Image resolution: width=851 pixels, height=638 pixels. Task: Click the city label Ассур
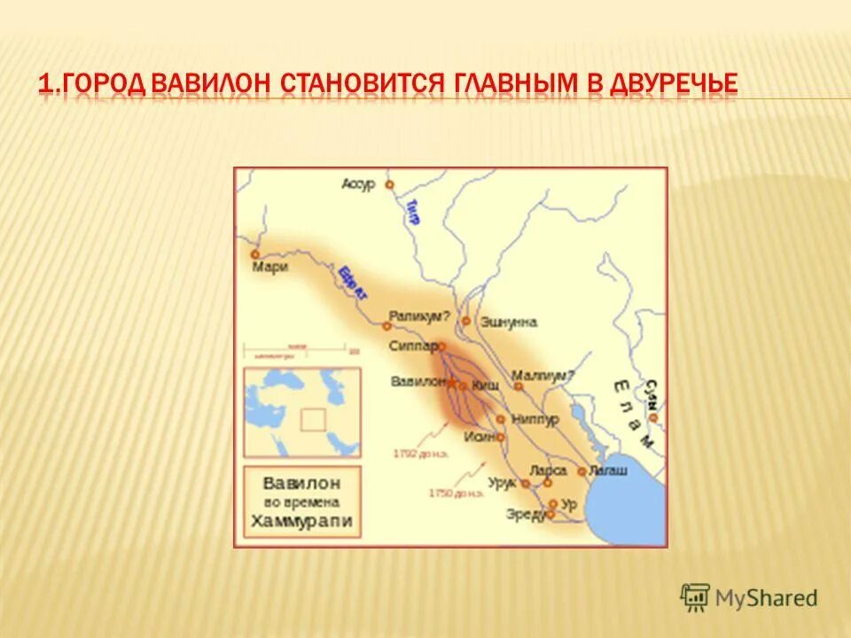pyautogui.click(x=358, y=183)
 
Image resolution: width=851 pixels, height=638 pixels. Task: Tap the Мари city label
pyautogui.click(x=270, y=267)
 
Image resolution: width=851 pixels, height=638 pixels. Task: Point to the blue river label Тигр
pyautogui.click(x=412, y=211)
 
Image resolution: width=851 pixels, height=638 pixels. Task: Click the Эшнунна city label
pyautogui.click(x=509, y=323)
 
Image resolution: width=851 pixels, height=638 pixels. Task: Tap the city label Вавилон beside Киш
pyautogui.click(x=418, y=381)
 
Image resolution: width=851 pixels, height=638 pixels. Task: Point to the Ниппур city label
pyautogui.click(x=535, y=419)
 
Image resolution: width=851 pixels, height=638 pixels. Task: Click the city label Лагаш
pyautogui.click(x=607, y=471)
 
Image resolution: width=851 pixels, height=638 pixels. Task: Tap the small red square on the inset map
pyautogui.click(x=313, y=419)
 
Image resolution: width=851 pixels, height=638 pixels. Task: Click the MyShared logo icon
pyautogui.click(x=696, y=597)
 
